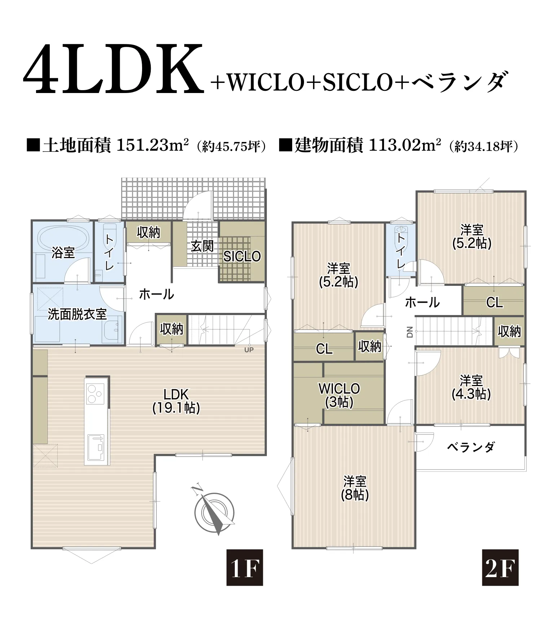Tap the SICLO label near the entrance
pos(242,256)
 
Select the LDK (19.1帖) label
pos(176,401)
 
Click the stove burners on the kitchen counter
pos(95,394)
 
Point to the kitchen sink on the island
pos(96,447)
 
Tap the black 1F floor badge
pos(245,567)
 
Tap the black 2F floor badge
pos(500,567)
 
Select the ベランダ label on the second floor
pos(471,447)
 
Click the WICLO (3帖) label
pos(339,395)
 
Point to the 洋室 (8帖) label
pos(355,488)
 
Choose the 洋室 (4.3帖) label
pos(471,387)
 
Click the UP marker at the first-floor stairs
pos(249,350)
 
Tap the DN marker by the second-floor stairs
pos(409,332)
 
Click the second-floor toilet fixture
pos(401,231)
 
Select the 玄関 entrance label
pos(202,247)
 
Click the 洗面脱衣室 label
pos(77,314)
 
